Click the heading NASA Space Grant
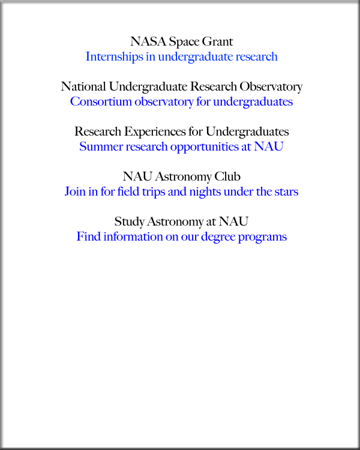click(181, 42)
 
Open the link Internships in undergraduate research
click(181, 57)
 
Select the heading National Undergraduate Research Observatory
click(181, 87)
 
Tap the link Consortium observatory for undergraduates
click(181, 102)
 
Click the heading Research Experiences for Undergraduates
click(181, 131)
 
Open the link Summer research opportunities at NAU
click(181, 147)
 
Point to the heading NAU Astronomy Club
click(181, 177)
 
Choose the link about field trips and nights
click(181, 192)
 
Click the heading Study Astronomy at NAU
click(181, 221)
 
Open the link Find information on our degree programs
click(181, 237)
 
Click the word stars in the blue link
click(285, 192)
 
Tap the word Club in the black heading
click(229, 177)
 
